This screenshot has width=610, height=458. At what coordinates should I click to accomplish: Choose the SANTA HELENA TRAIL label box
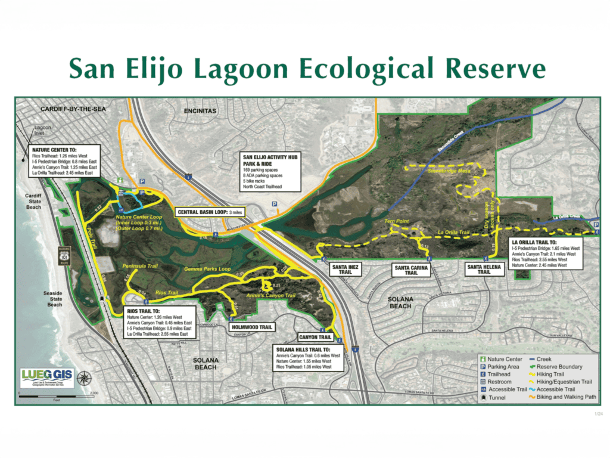click(x=484, y=269)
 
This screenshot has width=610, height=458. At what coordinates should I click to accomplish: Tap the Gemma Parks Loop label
click(x=207, y=270)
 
